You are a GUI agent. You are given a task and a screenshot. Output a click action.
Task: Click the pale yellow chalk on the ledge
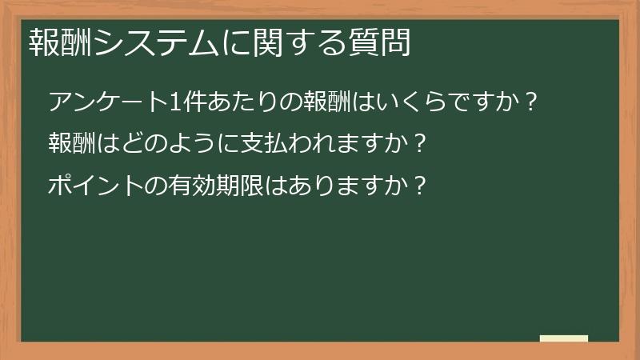tap(564, 338)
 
